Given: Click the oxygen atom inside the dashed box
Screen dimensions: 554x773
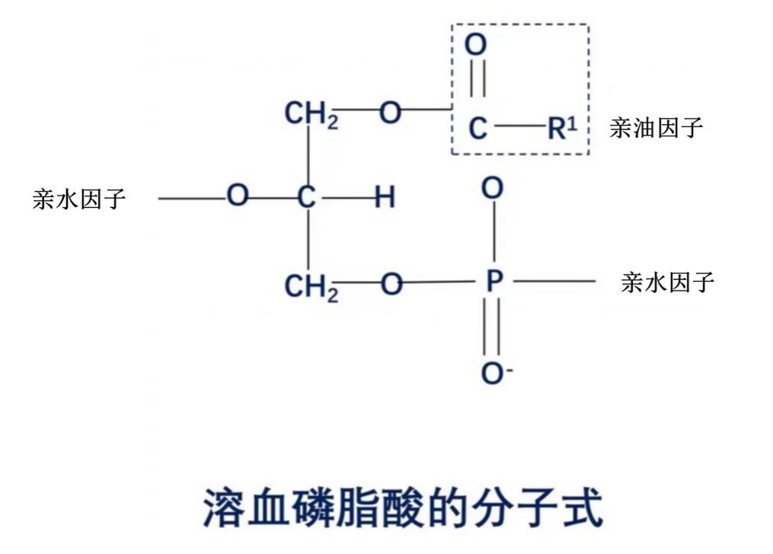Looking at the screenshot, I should click(x=475, y=45).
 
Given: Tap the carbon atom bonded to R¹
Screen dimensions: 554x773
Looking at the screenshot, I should click(x=477, y=129).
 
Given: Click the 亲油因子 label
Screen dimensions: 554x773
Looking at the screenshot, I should click(x=655, y=128).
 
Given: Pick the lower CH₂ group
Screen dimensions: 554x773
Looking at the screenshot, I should click(x=311, y=288).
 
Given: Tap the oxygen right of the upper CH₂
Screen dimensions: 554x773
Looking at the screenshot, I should click(x=390, y=114).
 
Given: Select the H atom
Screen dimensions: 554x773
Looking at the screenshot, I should click(x=385, y=198).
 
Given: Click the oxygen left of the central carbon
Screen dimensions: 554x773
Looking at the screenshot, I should click(x=238, y=196).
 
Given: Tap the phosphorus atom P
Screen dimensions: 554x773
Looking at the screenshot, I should click(x=494, y=283).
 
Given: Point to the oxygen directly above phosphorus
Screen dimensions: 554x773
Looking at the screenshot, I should click(x=493, y=188).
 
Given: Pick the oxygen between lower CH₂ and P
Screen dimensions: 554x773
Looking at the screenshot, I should click(x=391, y=285).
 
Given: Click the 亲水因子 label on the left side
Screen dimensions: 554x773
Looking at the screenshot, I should click(x=79, y=199).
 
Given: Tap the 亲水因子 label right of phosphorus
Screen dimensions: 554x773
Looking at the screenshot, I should click(x=668, y=283).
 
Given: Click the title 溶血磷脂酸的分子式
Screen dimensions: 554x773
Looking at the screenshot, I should click(x=403, y=508).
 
